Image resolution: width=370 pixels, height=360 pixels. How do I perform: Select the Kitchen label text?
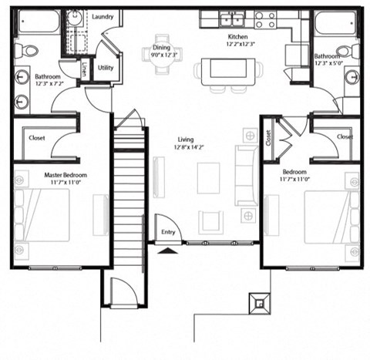237,36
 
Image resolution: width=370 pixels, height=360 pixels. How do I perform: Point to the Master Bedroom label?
65,175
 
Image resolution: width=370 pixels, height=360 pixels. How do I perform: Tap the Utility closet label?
106,68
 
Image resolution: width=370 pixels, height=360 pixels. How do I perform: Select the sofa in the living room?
246,172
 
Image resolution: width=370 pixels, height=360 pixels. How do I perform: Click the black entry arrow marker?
166,248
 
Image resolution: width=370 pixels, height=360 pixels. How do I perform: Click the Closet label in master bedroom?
36,138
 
